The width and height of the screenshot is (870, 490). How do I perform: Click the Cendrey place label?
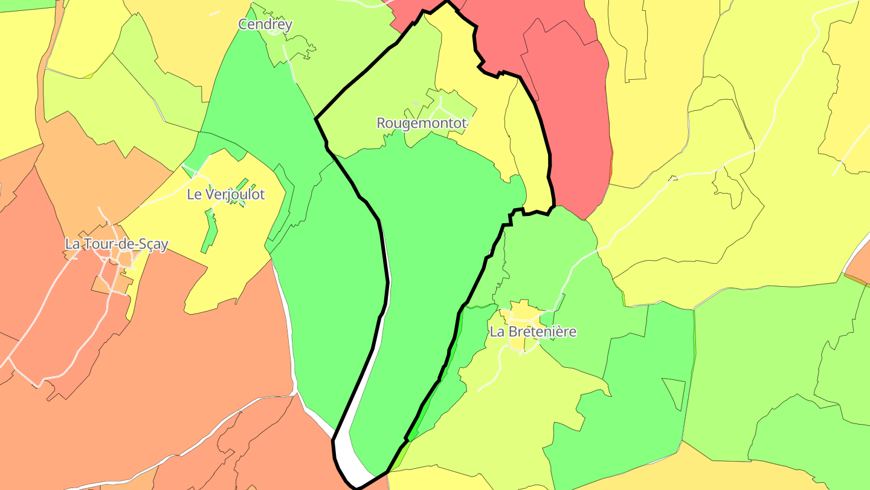(265, 25)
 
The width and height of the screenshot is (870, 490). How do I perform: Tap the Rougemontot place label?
(422, 123)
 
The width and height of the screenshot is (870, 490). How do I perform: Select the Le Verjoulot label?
(226, 195)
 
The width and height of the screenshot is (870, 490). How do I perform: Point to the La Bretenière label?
(533, 332)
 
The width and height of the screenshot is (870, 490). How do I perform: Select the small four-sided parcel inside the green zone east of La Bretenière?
(674, 393)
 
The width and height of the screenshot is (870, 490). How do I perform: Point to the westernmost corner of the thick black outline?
(316, 119)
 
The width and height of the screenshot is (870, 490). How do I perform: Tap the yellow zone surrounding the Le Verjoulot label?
(242, 254)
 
